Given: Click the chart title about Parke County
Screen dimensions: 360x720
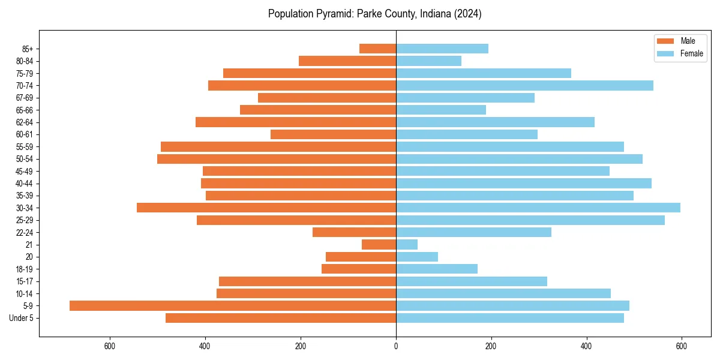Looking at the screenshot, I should (374, 14).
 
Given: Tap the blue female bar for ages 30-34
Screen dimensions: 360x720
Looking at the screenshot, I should (538, 208).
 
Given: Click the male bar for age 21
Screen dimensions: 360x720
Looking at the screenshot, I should (379, 244).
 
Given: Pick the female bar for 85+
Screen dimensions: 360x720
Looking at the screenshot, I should (442, 49).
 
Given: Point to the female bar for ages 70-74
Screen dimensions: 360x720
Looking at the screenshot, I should (524, 85).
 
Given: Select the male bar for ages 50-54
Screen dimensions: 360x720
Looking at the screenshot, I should (277, 159).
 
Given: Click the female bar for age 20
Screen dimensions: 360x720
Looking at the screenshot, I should (417, 257).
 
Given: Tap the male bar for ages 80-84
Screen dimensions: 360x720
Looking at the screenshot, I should (347, 61).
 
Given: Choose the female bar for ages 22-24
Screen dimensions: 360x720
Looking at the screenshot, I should (473, 232).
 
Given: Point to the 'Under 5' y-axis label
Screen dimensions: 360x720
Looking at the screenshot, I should (22, 318).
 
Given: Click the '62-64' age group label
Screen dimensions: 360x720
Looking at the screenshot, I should (25, 122).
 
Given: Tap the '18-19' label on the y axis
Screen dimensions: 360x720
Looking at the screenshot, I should (25, 269).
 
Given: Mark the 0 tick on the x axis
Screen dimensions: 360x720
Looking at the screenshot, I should (396, 346).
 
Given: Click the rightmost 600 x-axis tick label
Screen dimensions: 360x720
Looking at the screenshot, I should (682, 346).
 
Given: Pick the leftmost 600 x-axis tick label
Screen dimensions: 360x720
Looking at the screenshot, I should (110, 346).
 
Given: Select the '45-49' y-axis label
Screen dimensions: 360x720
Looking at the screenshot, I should (25, 171).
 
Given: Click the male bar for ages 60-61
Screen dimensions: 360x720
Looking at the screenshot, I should (333, 134).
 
